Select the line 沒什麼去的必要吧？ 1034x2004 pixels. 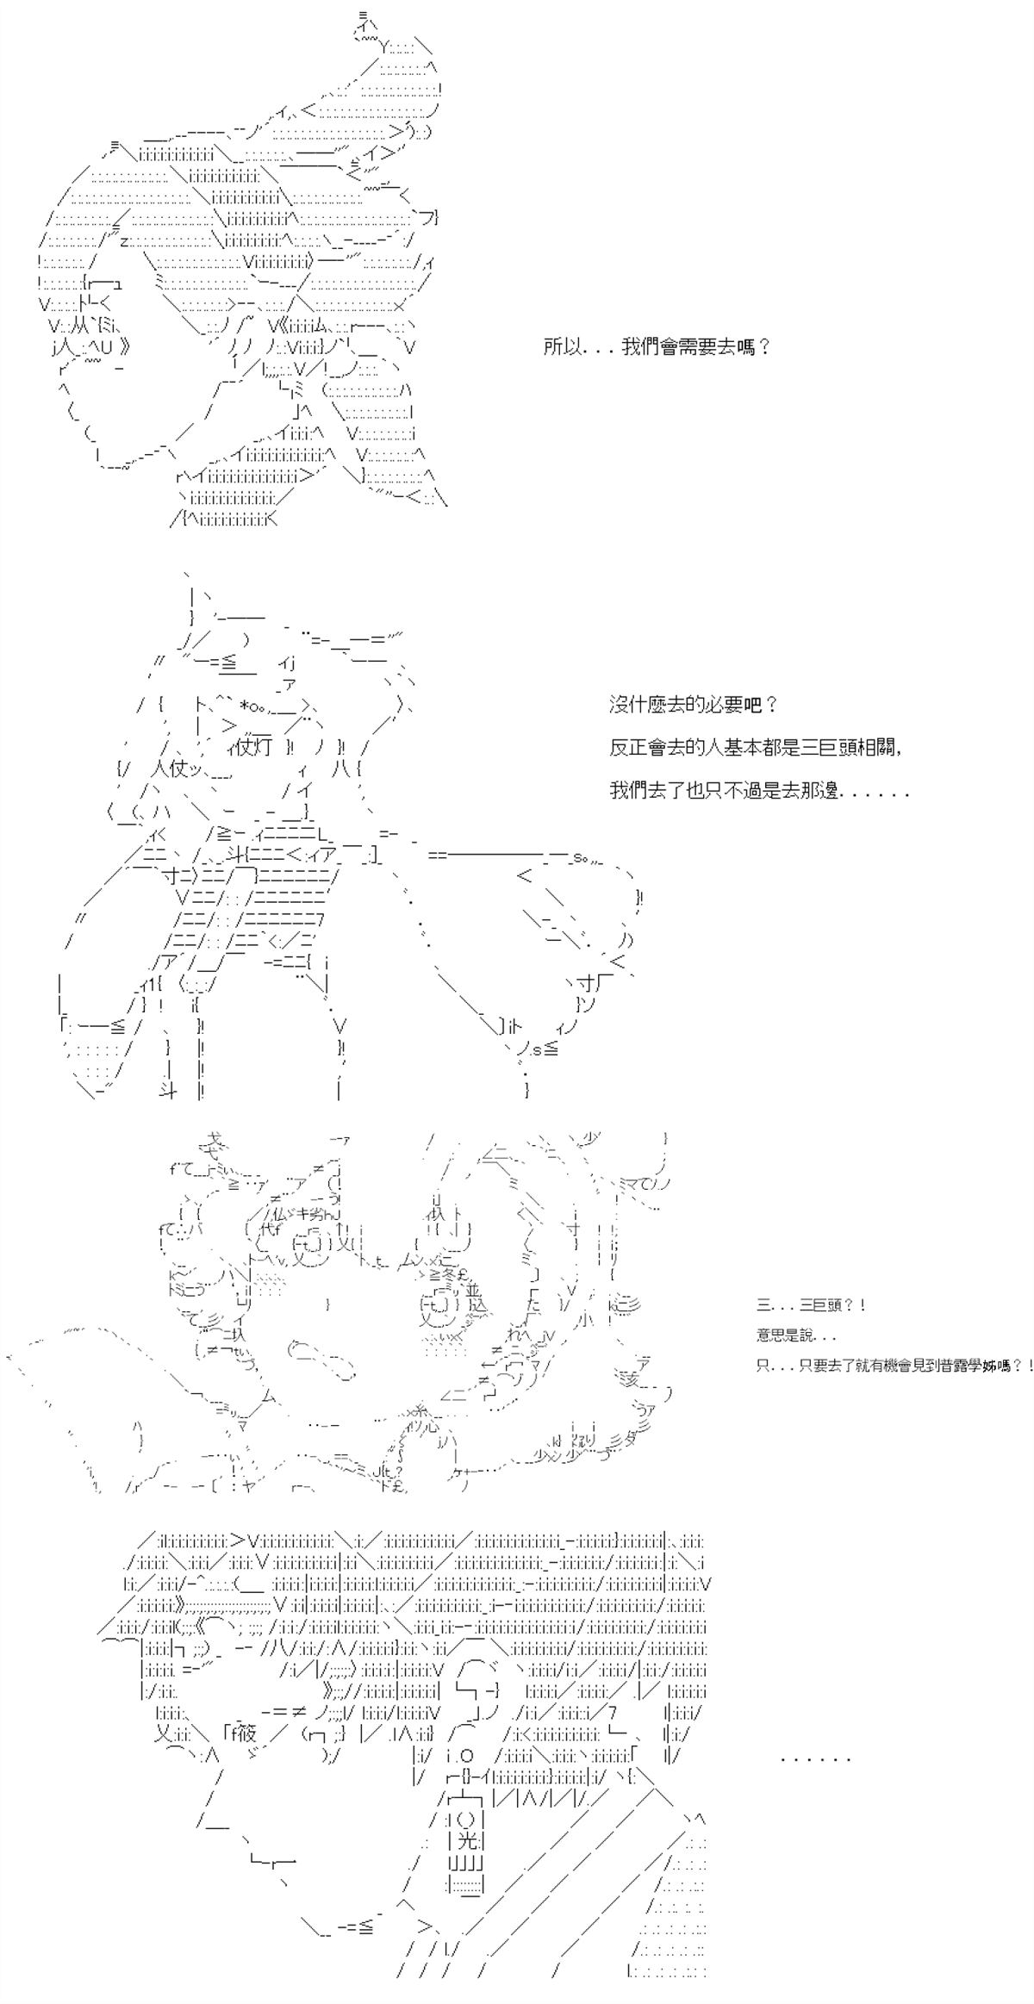[x=695, y=705]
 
